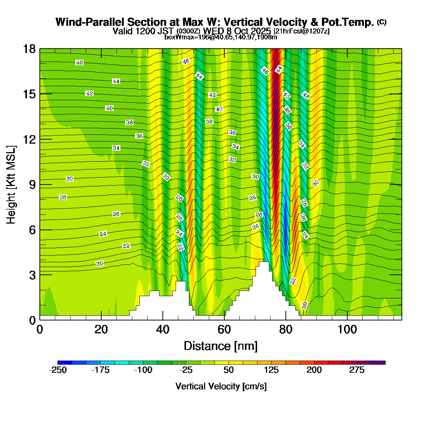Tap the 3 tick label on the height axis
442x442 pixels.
(32, 275)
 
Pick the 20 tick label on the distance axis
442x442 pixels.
(101, 329)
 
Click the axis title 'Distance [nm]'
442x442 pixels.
(220, 346)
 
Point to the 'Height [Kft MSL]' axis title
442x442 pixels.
(11, 185)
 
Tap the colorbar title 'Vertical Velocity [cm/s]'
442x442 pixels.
(221, 386)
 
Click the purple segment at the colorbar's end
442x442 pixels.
(378, 363)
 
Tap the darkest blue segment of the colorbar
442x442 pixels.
(65, 363)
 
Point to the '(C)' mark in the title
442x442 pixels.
(382, 22)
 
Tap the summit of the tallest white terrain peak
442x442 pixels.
(264, 262)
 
